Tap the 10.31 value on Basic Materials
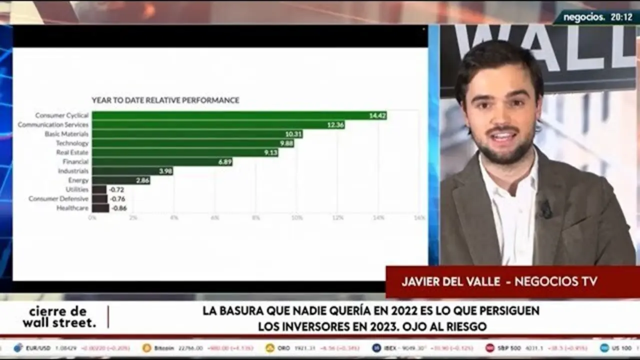[x=293, y=134]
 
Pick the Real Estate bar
[x=185, y=152]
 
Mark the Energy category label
[x=78, y=180]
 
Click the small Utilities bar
[x=99, y=189]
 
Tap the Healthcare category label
[x=72, y=208]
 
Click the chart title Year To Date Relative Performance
[x=165, y=100]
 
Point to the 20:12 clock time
[x=621, y=17]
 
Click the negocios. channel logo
[x=584, y=17]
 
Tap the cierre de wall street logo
[x=59, y=317]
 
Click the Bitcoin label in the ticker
[x=164, y=348]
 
